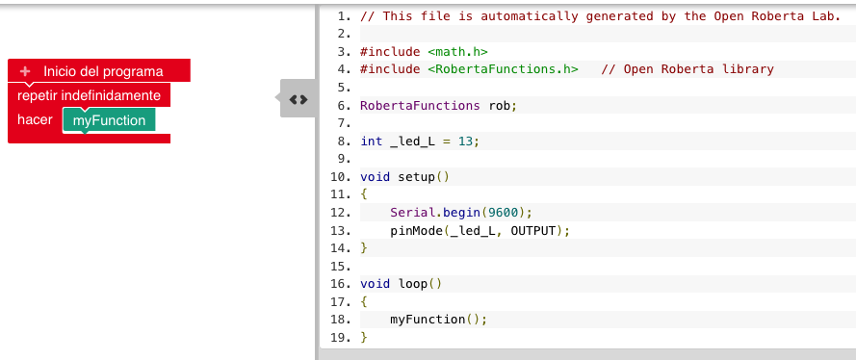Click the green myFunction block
pos(109,120)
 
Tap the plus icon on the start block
pos(25,71)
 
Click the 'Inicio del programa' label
pos(103,71)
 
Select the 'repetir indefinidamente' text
pos(89,95)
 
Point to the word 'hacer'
pos(35,120)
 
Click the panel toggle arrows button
pos(298,99)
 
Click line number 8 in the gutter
pos(342,141)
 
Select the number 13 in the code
pos(466,141)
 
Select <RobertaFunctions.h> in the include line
pos(502,69)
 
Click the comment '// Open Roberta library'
pos(687,69)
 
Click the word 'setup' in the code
pos(416,176)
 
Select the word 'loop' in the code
pos(412,284)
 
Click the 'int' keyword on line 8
pos(371,141)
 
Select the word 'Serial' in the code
pos(412,212)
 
